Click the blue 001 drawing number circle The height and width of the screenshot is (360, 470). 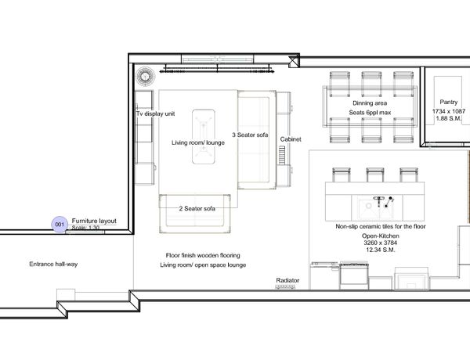coord(60,224)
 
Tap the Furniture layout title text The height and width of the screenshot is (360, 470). coord(94,221)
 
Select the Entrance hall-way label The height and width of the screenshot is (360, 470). coord(53,265)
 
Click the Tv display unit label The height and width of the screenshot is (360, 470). coord(155,113)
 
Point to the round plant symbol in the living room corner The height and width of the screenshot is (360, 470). coord(146,76)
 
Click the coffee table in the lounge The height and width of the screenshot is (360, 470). coord(203,137)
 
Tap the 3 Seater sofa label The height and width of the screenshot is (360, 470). coord(250,135)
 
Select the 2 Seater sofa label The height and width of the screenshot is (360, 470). coord(197,208)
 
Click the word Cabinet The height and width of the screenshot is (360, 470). coord(291,139)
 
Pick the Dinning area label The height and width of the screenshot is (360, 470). coord(370,103)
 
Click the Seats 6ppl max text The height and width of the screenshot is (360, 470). coord(370,113)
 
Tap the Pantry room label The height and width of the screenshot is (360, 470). coord(448,102)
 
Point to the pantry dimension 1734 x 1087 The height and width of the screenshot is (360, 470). coord(448,111)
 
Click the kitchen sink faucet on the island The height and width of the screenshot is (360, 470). coord(379,200)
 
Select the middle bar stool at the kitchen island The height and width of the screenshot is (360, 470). coord(374,175)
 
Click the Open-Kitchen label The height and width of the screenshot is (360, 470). coord(381,236)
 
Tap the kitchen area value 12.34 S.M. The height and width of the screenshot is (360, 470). coord(381,250)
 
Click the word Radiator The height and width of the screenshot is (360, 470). coord(287,280)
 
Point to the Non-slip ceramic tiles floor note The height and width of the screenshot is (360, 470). coord(381,226)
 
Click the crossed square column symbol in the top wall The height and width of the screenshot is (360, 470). coord(293,61)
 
